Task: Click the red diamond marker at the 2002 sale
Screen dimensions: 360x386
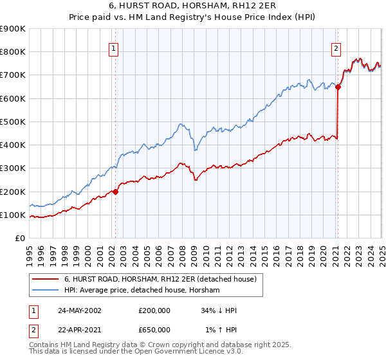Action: (x=116, y=191)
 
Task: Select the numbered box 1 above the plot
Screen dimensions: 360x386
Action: (x=113, y=48)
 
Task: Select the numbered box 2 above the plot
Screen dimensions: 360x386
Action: (x=336, y=48)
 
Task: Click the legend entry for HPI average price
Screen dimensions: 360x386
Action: (x=142, y=291)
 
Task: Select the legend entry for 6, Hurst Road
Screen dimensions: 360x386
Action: (x=160, y=279)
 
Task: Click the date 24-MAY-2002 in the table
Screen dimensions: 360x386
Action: (x=79, y=310)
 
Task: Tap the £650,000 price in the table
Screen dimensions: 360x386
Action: (x=154, y=330)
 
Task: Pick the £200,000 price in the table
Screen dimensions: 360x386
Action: (x=154, y=310)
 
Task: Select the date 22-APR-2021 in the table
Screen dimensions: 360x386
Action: (x=79, y=330)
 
